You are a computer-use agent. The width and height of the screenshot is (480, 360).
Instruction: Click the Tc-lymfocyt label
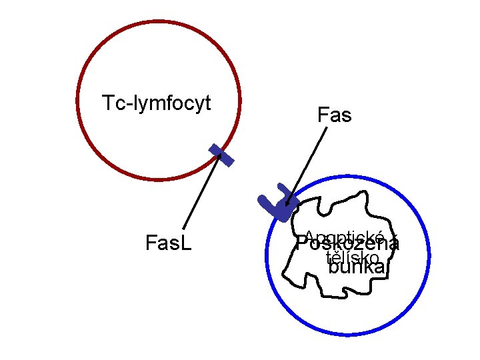pos(157,103)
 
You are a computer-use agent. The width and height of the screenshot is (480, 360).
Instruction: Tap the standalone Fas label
pos(334,116)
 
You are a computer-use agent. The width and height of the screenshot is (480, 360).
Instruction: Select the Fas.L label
pos(168,243)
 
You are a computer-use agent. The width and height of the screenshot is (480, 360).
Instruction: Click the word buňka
pos(357,268)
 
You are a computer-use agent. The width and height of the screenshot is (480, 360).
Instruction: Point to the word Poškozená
pos(348,245)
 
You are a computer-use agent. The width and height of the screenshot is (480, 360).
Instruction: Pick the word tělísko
pos(353,257)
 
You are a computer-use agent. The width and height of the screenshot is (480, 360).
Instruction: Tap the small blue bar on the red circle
pos(221,154)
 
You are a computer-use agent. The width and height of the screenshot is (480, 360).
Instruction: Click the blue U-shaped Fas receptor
pos(277,201)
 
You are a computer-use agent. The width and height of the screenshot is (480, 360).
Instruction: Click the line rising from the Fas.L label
pos(201,193)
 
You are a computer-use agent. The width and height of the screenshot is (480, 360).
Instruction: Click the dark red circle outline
pos(78,100)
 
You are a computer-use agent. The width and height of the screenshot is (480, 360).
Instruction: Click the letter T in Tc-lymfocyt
pos(107,103)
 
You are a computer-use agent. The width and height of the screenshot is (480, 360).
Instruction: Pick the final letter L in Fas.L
pos(187,243)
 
